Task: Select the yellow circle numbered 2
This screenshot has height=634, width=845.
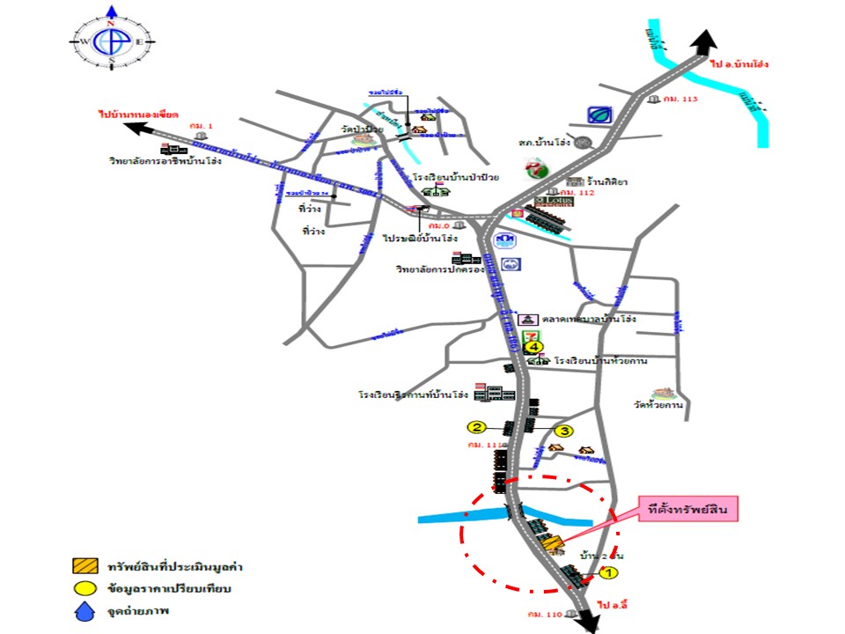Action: pyautogui.click(x=476, y=427)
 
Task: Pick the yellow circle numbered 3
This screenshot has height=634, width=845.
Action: pyautogui.click(x=564, y=431)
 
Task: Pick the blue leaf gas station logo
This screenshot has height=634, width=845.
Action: pyautogui.click(x=599, y=114)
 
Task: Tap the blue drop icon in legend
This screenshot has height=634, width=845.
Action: pyautogui.click(x=84, y=614)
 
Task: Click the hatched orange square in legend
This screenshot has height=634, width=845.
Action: pyautogui.click(x=84, y=565)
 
